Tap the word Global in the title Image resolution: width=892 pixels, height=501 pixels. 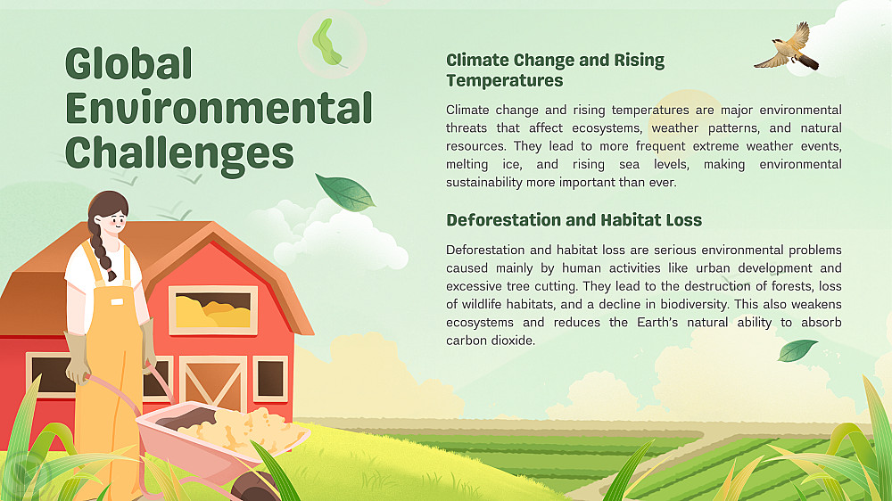[x=128, y=63]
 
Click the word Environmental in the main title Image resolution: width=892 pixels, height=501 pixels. [x=219, y=107]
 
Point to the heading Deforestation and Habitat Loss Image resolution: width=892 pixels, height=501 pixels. [x=574, y=220]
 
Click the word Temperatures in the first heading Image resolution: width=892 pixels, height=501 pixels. [x=504, y=81]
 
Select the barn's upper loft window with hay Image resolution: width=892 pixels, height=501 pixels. [x=213, y=310]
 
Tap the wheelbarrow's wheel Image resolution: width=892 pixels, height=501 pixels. [x=253, y=488]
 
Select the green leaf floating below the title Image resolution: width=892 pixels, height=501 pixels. [x=344, y=193]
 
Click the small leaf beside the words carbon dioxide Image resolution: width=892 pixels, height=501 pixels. [x=797, y=350]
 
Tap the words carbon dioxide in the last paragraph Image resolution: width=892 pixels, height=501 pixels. [x=491, y=341]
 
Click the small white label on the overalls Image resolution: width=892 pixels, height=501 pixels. [x=117, y=302]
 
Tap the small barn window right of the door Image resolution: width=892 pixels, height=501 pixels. [x=270, y=378]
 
